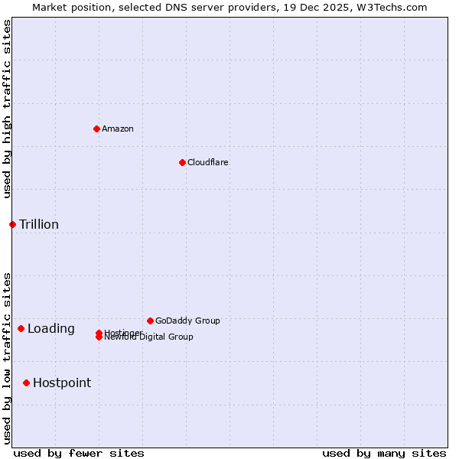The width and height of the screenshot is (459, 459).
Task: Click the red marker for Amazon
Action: tap(96, 129)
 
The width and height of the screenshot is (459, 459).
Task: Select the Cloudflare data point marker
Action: tap(182, 162)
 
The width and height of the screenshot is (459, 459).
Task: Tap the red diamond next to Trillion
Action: tap(12, 224)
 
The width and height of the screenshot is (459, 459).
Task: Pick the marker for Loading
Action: tap(21, 328)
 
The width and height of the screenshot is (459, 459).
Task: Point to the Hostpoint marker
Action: tap(26, 382)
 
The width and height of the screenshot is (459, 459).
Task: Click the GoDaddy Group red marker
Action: tap(150, 321)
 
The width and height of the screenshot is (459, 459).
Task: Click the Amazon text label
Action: tap(118, 129)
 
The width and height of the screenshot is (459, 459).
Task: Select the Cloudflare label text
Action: tap(208, 162)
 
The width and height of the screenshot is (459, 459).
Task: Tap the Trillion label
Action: tap(39, 224)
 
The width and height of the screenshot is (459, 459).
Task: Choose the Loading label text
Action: tap(51, 328)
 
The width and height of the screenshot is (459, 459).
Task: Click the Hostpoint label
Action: tap(62, 382)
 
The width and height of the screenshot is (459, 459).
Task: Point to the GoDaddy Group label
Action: tap(187, 321)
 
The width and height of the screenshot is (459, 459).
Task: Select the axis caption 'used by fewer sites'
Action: tap(79, 453)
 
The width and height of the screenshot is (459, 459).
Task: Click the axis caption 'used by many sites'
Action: tap(384, 453)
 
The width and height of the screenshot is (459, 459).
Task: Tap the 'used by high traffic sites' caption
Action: tap(7, 109)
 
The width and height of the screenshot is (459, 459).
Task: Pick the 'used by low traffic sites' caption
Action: tap(7, 358)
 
